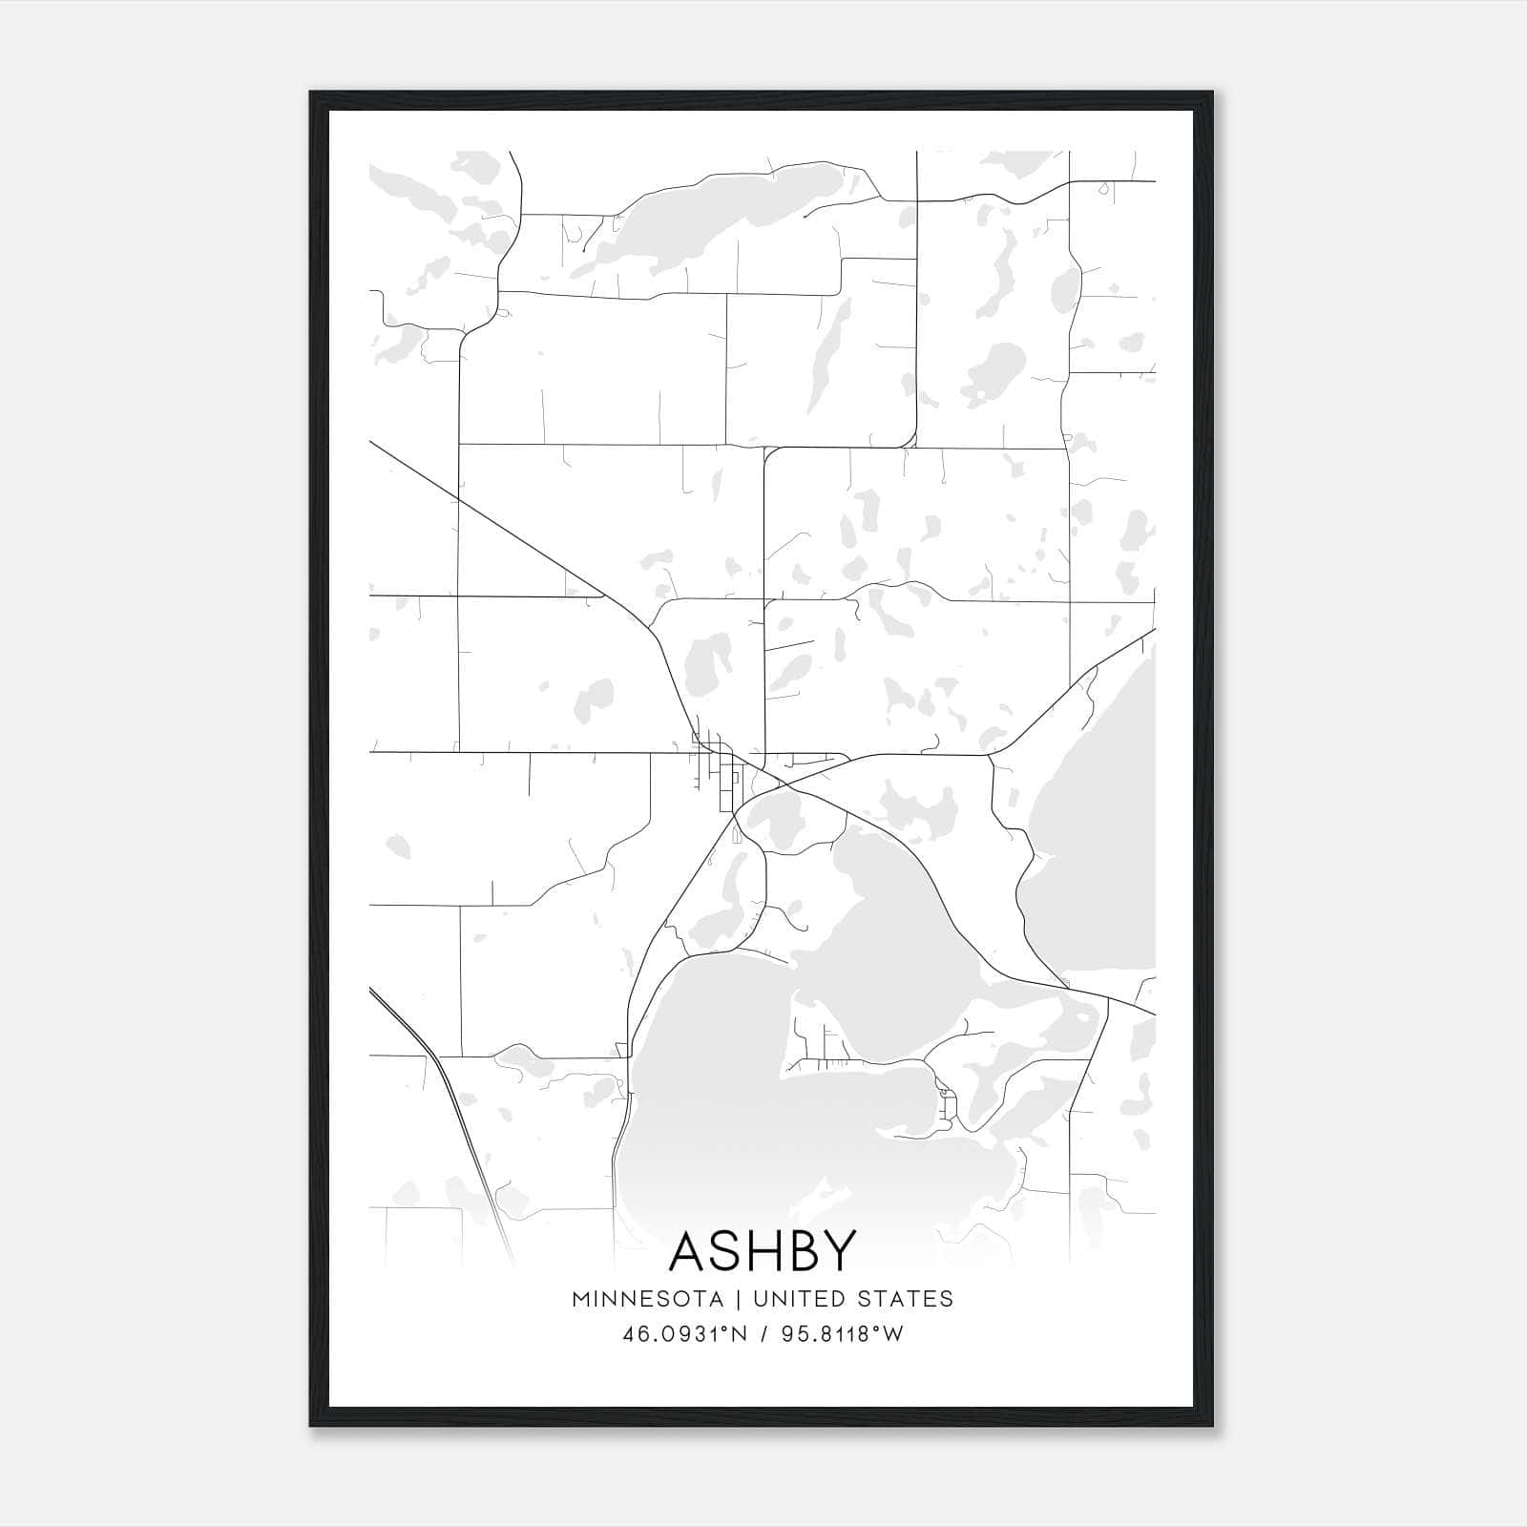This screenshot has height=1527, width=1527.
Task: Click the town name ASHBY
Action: [x=763, y=1250]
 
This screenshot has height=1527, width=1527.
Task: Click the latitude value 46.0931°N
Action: [x=685, y=1334]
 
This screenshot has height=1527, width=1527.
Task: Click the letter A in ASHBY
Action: [x=692, y=1250]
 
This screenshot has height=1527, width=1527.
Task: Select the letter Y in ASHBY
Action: [x=837, y=1250]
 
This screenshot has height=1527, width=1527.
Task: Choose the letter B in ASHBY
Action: [x=803, y=1250]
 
